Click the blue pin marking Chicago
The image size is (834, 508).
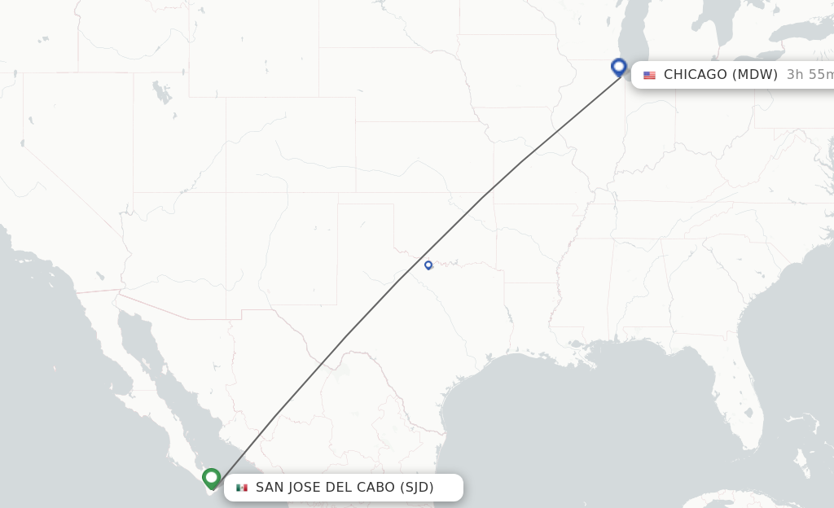(619, 67)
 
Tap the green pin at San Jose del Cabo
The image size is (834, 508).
(212, 478)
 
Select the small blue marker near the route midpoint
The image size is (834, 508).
(428, 265)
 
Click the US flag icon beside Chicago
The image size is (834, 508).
(649, 75)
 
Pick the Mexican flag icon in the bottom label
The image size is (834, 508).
(242, 488)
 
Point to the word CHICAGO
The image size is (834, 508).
(695, 75)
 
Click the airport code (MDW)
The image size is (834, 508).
(755, 75)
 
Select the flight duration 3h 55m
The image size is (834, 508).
(810, 75)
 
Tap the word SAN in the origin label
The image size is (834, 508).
(270, 488)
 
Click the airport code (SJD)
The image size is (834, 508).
(416, 488)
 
